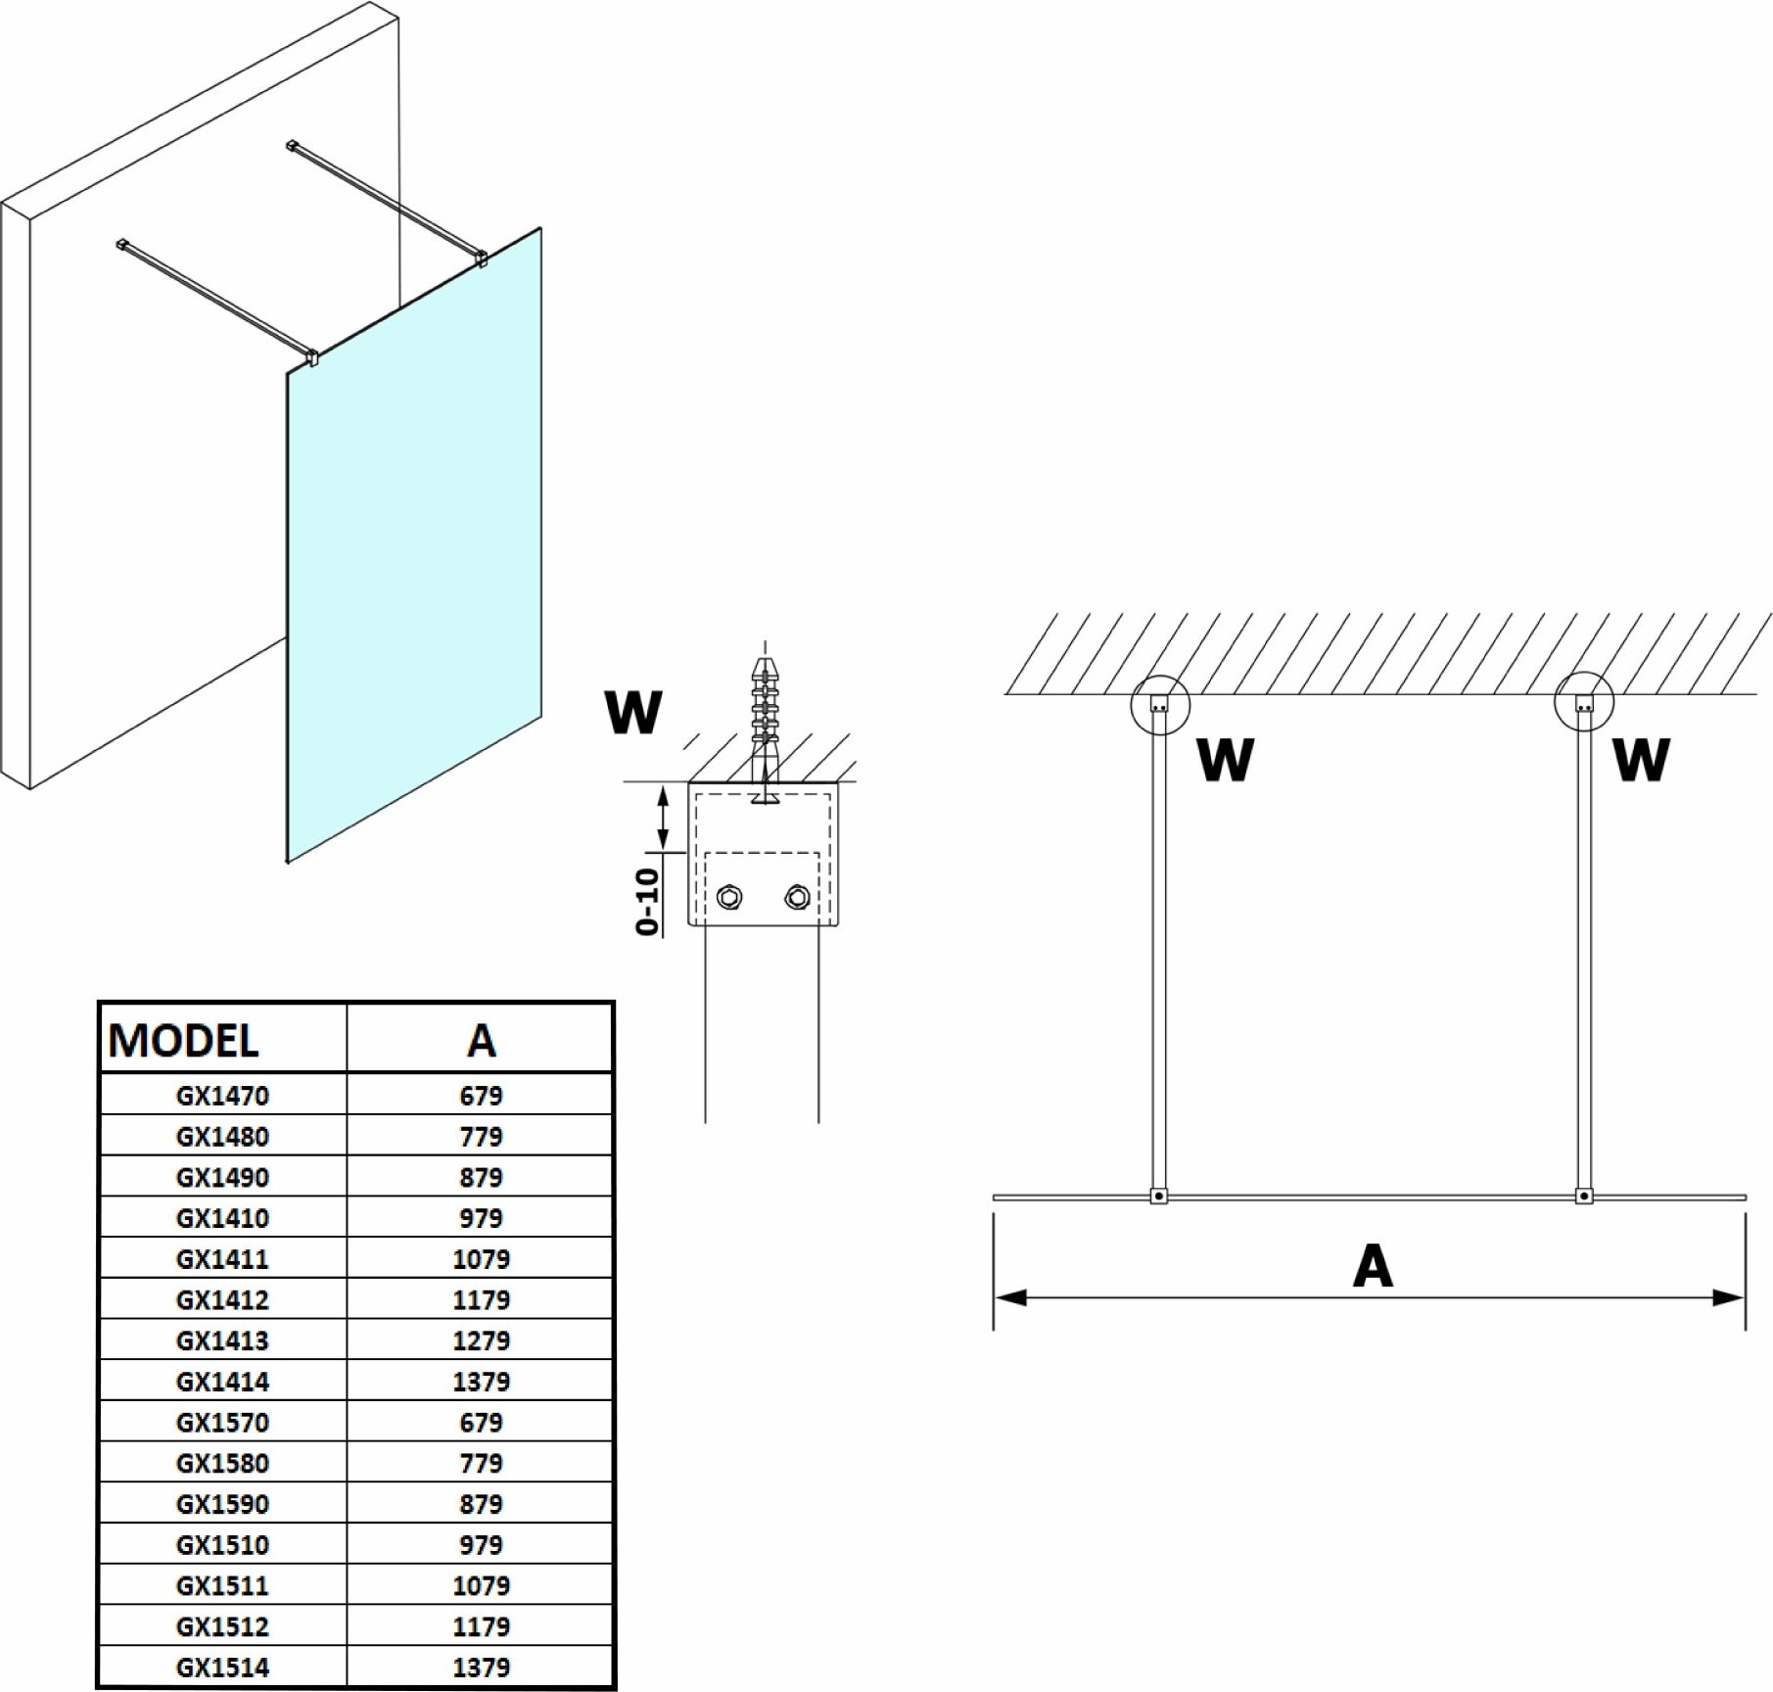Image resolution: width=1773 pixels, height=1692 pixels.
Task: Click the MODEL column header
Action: (184, 1040)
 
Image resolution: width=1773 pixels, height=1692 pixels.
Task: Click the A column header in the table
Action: (481, 1040)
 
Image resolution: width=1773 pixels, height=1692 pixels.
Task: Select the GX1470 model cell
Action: (222, 1096)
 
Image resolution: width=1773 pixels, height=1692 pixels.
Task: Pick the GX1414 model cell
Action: (222, 1382)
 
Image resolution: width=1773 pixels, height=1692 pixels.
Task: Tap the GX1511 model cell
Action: (222, 1585)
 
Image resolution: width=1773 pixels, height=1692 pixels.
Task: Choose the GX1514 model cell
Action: (222, 1667)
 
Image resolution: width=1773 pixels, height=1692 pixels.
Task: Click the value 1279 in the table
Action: (481, 1340)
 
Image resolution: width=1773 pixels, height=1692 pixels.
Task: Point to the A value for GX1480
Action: (481, 1137)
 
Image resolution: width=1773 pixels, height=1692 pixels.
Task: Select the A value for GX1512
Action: (481, 1626)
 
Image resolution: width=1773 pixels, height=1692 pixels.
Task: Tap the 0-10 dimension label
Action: (648, 901)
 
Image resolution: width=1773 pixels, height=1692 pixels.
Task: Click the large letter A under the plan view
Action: (1372, 1267)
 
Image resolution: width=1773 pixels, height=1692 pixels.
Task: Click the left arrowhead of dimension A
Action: (1008, 1298)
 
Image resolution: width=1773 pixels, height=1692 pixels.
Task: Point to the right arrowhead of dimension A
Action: (1730, 1298)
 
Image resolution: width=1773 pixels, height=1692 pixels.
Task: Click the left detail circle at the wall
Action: (1160, 703)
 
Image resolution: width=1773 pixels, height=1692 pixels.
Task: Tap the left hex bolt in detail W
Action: (728, 896)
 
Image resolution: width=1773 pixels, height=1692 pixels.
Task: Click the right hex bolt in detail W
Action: (797, 896)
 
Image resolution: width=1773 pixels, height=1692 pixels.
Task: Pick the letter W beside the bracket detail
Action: (633, 712)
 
